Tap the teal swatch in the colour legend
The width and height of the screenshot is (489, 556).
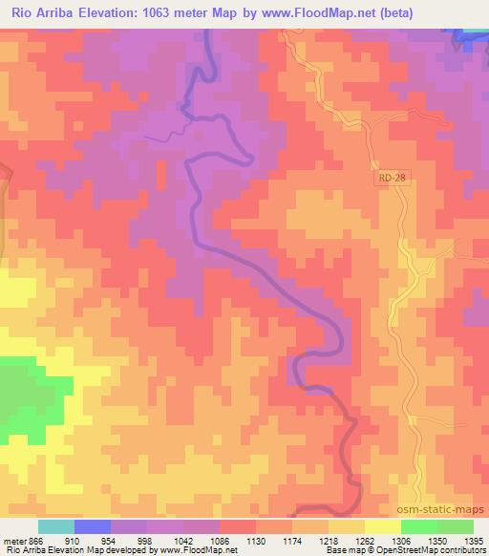pos(56,526)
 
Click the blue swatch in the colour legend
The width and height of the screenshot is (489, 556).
pos(93,526)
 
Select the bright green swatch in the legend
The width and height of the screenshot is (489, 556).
pos(419,526)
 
